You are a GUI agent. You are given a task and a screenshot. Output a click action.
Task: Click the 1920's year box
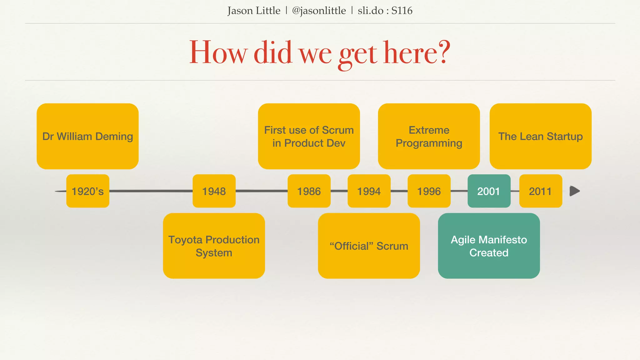88,191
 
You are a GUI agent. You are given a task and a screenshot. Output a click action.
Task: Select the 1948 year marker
214,191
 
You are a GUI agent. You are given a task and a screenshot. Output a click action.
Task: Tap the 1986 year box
309,191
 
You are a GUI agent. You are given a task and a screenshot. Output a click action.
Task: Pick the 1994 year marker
369,191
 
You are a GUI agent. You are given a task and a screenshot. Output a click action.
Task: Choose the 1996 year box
429,191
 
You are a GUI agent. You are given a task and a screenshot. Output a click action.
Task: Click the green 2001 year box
489,191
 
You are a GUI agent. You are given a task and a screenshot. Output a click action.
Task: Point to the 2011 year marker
541,191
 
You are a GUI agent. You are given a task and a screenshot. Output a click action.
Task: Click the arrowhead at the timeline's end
574,191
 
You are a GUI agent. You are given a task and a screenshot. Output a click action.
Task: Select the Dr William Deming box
87,136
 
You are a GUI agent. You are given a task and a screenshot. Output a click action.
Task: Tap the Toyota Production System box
214,246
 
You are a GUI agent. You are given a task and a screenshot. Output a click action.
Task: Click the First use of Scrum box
309,136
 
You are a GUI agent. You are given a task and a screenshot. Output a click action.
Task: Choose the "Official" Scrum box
369,246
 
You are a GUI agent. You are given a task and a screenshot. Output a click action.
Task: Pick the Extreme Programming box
429,136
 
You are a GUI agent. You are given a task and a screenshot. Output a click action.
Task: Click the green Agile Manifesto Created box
489,246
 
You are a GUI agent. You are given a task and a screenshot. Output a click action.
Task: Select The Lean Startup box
541,136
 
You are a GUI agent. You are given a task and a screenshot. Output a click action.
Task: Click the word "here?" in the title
417,53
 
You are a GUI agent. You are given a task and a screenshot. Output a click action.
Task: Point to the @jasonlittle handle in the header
319,11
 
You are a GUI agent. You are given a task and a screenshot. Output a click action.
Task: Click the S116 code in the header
402,11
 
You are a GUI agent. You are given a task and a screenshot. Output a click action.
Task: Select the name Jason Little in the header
254,11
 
